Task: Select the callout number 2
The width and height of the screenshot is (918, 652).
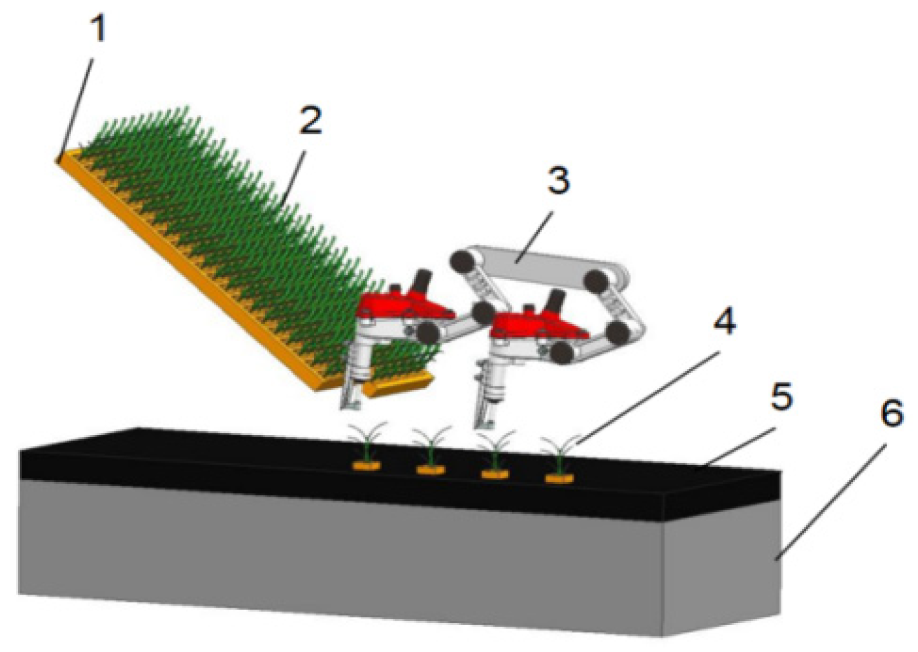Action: click(x=310, y=120)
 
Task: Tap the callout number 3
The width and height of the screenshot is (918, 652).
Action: click(x=558, y=181)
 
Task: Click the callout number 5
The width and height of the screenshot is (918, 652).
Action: click(x=781, y=398)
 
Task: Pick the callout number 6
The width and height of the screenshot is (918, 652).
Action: click(x=892, y=413)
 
